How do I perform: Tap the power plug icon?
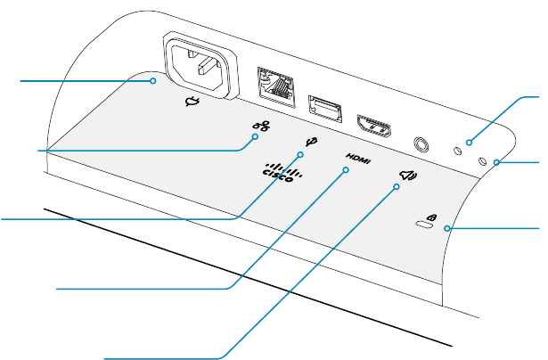(x=190, y=103)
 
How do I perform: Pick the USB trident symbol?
(x=311, y=142)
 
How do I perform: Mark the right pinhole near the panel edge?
(x=484, y=162)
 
